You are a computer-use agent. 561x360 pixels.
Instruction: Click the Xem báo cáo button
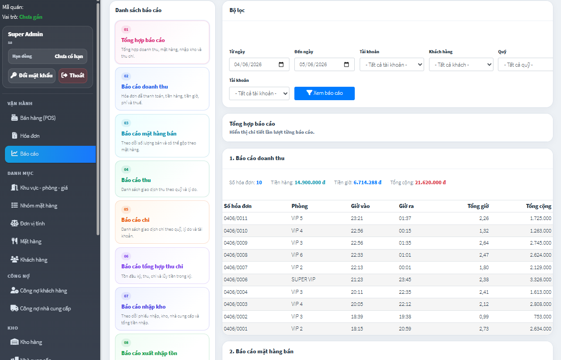click(x=324, y=93)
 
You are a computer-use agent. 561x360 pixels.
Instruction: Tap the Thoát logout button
click(x=73, y=76)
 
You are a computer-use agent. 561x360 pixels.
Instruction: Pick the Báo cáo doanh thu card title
click(x=144, y=87)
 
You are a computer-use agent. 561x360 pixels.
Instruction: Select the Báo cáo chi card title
click(x=135, y=220)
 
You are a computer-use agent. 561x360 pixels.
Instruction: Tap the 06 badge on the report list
click(x=126, y=256)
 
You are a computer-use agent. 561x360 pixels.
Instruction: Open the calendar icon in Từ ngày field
click(x=281, y=64)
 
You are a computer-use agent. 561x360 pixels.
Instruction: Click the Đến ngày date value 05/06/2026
click(x=313, y=64)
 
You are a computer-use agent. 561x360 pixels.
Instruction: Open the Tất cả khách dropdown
click(x=461, y=64)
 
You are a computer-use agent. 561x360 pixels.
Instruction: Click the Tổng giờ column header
click(x=478, y=206)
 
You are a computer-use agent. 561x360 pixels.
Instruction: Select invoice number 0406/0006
click(x=235, y=280)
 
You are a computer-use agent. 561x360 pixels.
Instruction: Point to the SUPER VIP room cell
click(x=303, y=280)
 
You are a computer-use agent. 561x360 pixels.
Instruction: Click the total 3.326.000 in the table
click(x=540, y=280)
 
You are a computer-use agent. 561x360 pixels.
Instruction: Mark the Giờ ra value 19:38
click(x=405, y=317)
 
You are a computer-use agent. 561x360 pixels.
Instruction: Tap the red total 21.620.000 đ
click(x=430, y=182)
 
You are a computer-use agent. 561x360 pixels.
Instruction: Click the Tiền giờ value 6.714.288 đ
click(x=367, y=182)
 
